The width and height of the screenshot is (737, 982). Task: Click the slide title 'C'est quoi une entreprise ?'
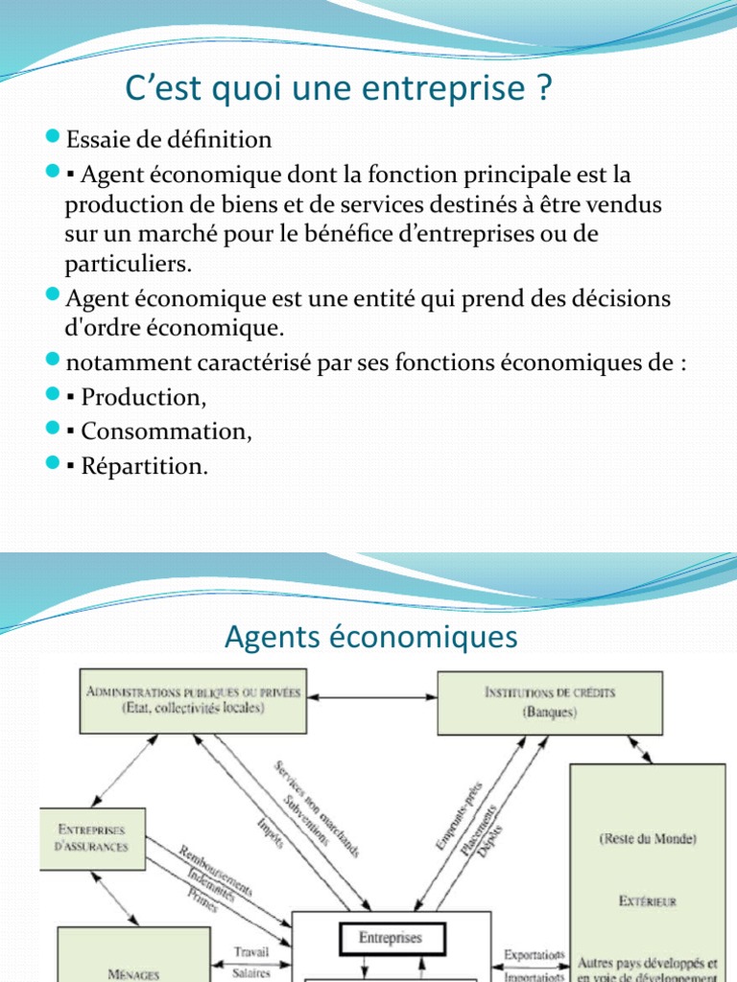[x=340, y=90]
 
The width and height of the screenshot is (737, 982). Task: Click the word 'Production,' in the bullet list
[x=144, y=397]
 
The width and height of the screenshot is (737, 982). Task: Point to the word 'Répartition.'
[x=144, y=466]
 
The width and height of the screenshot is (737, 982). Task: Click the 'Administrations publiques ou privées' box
[x=194, y=700]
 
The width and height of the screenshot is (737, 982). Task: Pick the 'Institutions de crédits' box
[x=549, y=702]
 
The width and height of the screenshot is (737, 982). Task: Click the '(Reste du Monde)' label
[x=648, y=838]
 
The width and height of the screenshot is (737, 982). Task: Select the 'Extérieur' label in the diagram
[x=648, y=900]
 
